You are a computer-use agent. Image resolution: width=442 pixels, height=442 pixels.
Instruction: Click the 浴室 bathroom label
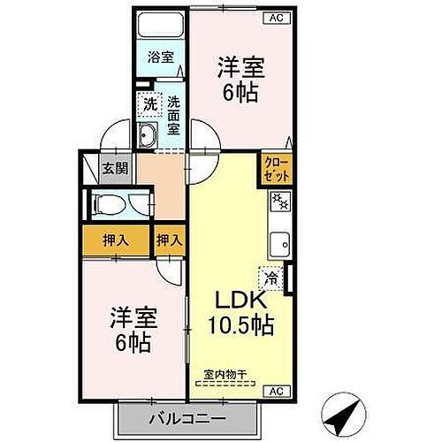(x=160, y=57)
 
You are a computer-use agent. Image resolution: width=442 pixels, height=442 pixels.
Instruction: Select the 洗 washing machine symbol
(x=150, y=103)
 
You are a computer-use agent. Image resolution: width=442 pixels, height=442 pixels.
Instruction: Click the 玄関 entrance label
(x=111, y=169)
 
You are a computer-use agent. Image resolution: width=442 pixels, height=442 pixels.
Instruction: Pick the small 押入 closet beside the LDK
(x=171, y=239)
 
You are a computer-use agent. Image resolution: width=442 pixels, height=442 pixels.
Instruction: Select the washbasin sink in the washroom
(x=147, y=136)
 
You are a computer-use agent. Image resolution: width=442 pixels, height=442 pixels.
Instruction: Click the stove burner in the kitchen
(x=280, y=202)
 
